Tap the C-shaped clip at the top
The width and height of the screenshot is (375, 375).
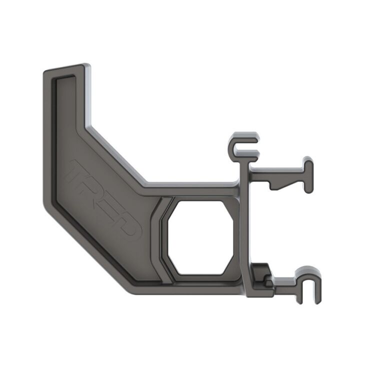(x=242, y=145)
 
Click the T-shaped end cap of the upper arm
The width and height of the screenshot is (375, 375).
(x=307, y=175)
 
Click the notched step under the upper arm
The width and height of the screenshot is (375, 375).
(x=280, y=185)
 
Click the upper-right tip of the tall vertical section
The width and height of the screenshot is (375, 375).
(x=86, y=67)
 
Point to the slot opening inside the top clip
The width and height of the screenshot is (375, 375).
(x=247, y=148)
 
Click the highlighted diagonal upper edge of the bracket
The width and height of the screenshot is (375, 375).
(x=117, y=155)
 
